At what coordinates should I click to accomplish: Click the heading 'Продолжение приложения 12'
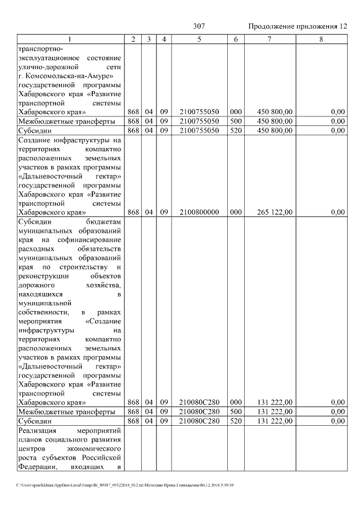click(x=297, y=26)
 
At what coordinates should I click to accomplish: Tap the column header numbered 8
click(x=321, y=39)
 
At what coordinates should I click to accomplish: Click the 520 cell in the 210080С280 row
click(x=236, y=421)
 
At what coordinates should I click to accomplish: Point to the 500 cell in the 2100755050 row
click(x=236, y=121)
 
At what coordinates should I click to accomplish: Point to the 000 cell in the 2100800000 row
click(x=236, y=212)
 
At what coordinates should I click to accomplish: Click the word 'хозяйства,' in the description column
click(x=104, y=285)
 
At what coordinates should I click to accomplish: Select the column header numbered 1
click(x=70, y=39)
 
